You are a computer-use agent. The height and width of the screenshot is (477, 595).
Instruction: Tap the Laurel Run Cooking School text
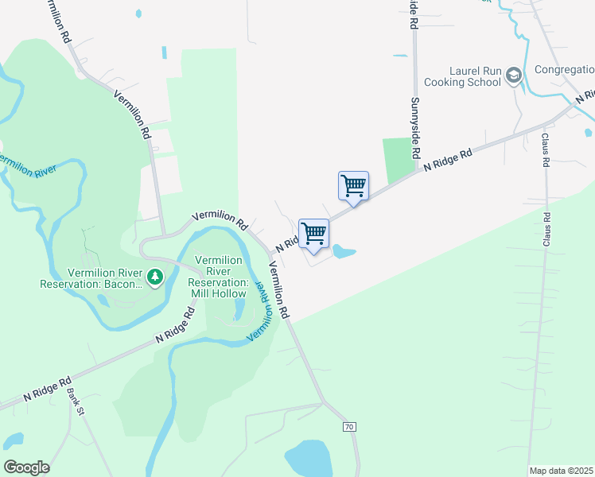[462, 76]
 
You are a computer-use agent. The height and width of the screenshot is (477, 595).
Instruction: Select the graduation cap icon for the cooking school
[514, 76]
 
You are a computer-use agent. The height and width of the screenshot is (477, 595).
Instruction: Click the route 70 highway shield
[349, 427]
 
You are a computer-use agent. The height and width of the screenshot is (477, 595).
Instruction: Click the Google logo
[26, 467]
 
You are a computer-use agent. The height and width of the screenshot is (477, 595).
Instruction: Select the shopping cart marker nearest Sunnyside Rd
[353, 186]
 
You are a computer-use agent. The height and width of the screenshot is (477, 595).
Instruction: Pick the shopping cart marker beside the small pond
[313, 234]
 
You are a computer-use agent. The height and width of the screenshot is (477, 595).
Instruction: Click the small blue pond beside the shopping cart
[343, 253]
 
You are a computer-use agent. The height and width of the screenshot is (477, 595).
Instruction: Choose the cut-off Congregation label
[564, 70]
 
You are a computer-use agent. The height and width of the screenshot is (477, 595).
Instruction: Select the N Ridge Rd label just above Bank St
[48, 389]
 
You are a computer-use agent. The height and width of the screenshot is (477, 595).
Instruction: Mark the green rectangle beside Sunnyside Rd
[400, 159]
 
